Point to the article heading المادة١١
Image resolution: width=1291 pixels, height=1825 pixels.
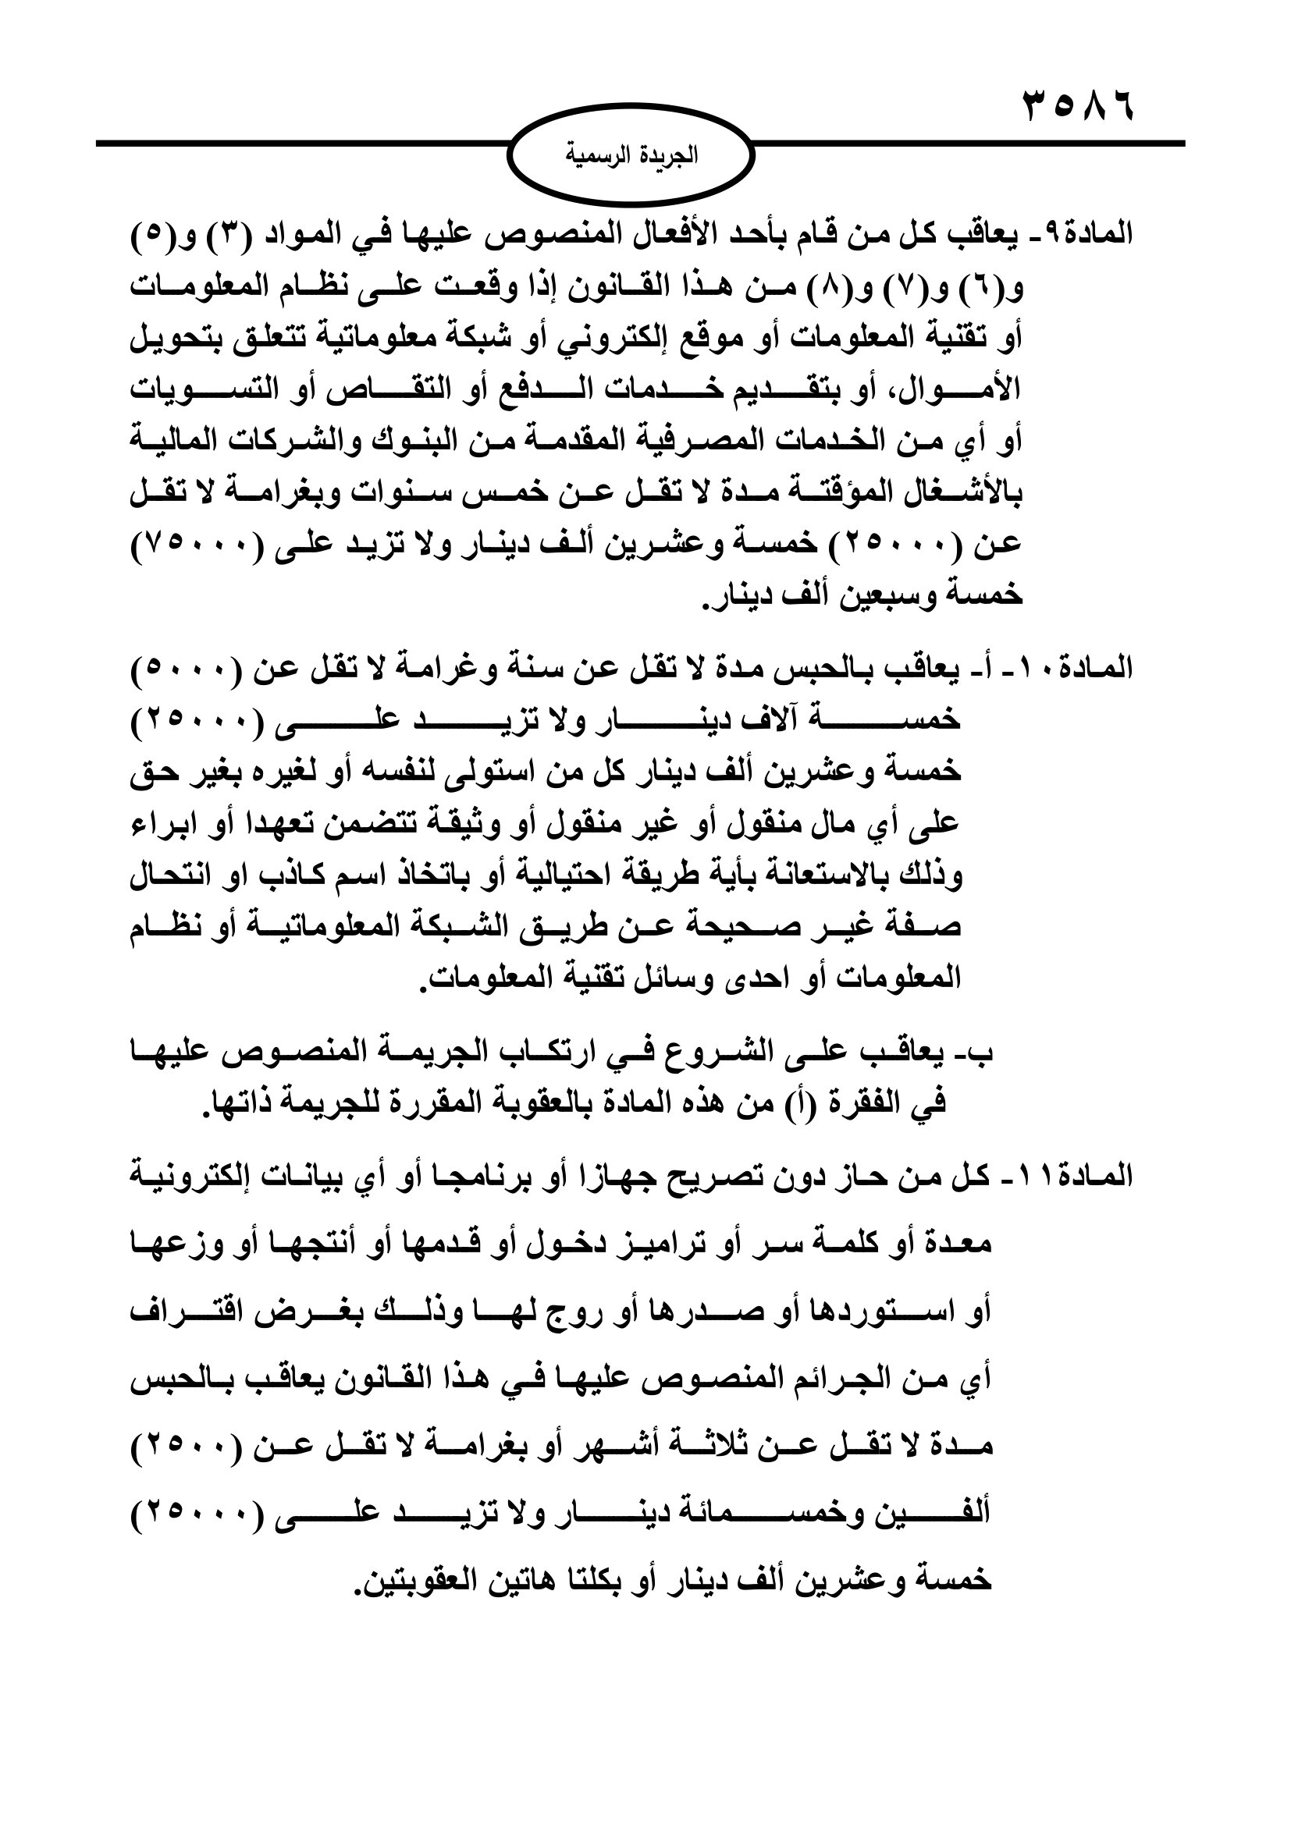pos(1084,1176)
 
